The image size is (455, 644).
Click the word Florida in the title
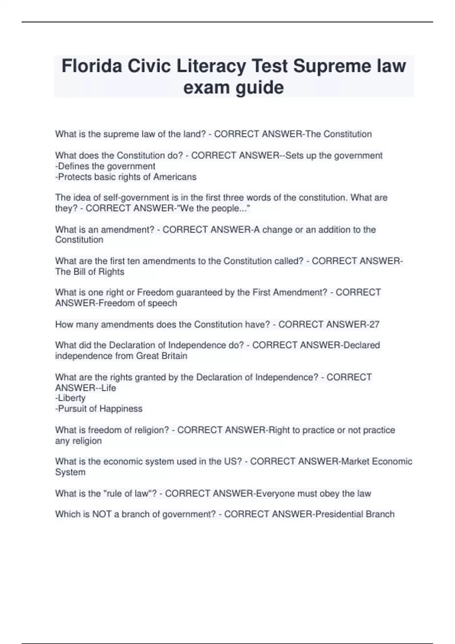click(92, 66)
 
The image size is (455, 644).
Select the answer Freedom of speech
click(138, 303)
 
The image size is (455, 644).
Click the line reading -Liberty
click(71, 398)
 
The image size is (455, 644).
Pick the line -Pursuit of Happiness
click(99, 409)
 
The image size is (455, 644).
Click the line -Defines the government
click(105, 166)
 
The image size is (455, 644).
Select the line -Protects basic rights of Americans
click(126, 177)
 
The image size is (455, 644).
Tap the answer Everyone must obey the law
click(314, 494)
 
